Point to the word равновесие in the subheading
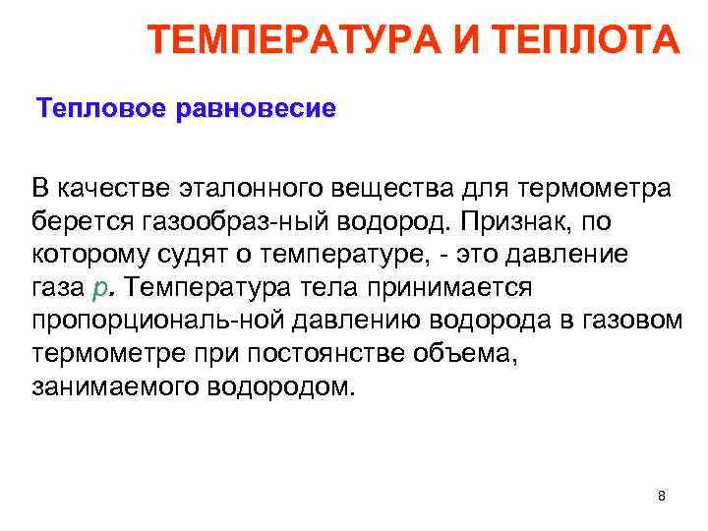coord(255,106)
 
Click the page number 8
coord(662,496)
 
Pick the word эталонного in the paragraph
coord(232,188)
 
